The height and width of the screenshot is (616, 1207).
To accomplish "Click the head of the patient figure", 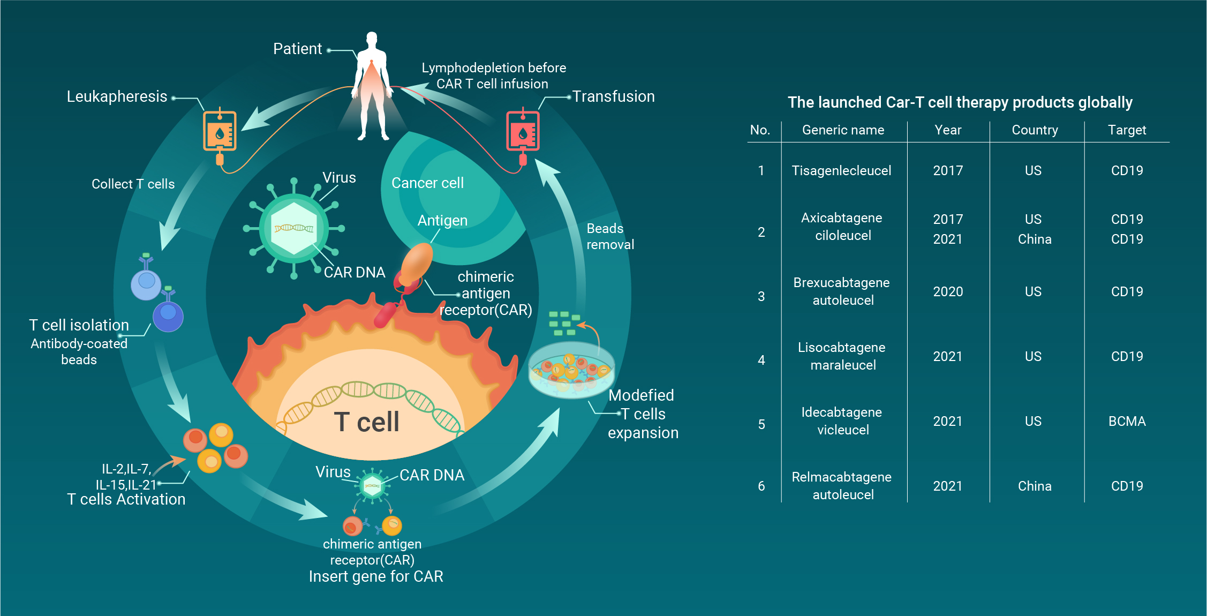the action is [x=372, y=39].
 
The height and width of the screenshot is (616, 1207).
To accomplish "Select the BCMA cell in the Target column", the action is [x=1127, y=421].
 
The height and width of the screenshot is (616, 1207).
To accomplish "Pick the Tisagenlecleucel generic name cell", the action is [x=841, y=170].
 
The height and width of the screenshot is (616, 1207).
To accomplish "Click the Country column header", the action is [x=1035, y=130].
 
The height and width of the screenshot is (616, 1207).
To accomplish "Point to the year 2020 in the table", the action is [x=948, y=291].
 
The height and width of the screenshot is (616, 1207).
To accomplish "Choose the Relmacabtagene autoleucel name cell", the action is [x=842, y=485].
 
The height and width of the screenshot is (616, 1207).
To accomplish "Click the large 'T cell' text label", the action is [x=367, y=422].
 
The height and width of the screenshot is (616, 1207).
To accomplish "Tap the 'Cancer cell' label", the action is [x=427, y=183].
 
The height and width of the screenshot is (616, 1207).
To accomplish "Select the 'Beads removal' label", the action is [x=610, y=236].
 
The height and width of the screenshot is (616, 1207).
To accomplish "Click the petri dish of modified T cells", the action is [x=571, y=370].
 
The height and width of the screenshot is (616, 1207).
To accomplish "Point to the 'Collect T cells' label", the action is [x=133, y=184].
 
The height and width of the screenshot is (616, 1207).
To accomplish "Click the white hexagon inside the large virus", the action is [x=293, y=229].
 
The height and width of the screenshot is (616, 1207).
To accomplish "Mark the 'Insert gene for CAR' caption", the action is [x=376, y=576].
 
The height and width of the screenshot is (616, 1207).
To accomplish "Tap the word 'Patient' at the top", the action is [x=298, y=49].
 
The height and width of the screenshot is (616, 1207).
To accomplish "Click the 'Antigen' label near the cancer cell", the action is [x=442, y=220].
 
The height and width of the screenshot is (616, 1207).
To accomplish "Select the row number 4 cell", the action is [x=761, y=360].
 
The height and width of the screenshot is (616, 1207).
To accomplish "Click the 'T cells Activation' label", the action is [x=126, y=499].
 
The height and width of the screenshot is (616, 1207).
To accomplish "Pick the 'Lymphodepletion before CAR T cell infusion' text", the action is [x=493, y=76].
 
